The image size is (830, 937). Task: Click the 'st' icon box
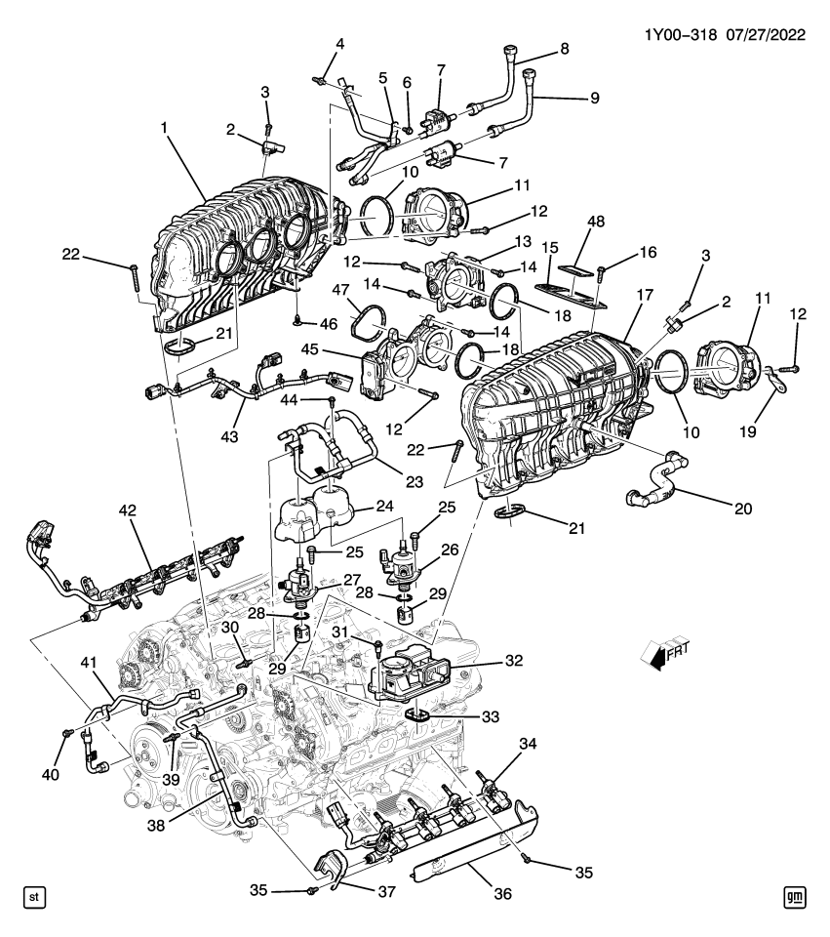click(x=32, y=896)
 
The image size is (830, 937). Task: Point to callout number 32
click(x=513, y=661)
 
